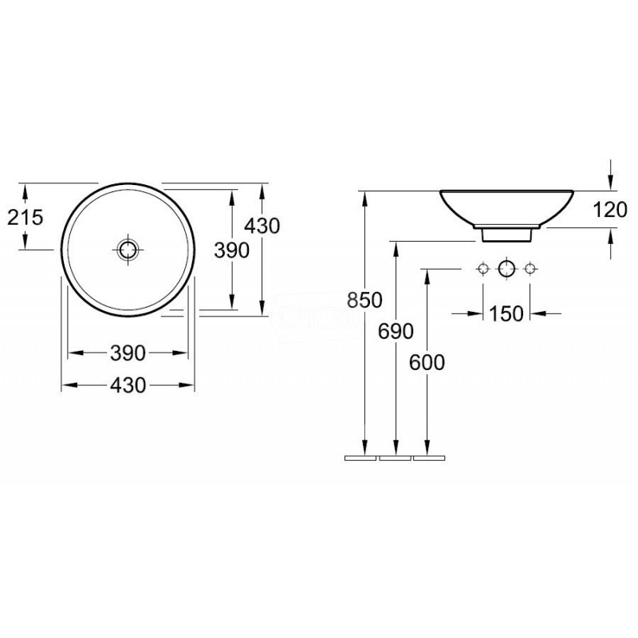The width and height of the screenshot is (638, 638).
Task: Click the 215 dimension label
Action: tap(26, 217)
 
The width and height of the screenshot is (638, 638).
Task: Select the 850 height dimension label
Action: tap(364, 301)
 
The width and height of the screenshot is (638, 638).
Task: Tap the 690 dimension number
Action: tap(396, 331)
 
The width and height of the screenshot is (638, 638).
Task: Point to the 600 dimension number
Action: tap(427, 363)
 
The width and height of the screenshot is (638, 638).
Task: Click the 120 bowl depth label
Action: tap(610, 211)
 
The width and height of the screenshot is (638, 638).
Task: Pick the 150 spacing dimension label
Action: tap(506, 313)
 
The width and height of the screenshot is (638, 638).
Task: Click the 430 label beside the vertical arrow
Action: tap(262, 226)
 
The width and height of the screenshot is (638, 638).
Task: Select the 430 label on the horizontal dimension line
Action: tap(128, 385)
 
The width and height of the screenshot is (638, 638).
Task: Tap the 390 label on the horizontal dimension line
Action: tap(128, 353)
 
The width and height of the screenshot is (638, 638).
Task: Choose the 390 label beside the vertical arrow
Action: tap(231, 250)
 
